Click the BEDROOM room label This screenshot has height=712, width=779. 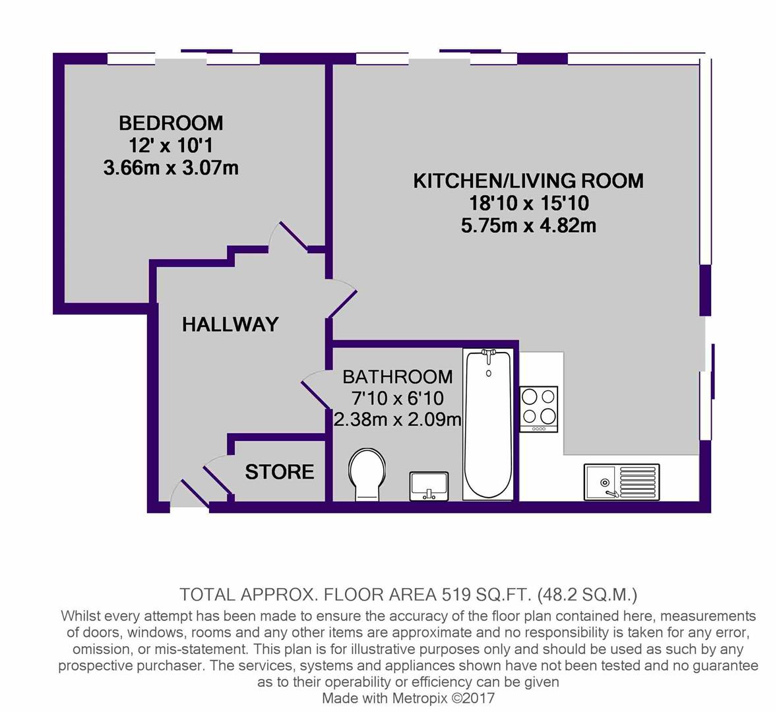coord(171,123)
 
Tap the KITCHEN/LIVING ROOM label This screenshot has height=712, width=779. coord(528,181)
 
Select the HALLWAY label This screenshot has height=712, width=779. coord(230,324)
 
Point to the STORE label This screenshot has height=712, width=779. coord(280,471)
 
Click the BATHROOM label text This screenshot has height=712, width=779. coord(398,377)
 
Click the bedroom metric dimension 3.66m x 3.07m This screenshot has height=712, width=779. coord(171,168)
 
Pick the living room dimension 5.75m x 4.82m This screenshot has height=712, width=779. coord(528,226)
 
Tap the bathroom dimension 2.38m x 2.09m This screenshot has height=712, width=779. coord(398,420)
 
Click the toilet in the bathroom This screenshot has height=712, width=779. coord(367,475)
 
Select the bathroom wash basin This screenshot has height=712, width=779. coord(429,486)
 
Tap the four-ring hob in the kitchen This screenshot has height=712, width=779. coord(538,409)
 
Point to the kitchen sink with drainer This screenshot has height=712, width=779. coord(621,482)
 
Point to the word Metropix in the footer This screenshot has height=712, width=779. coord(420,698)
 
